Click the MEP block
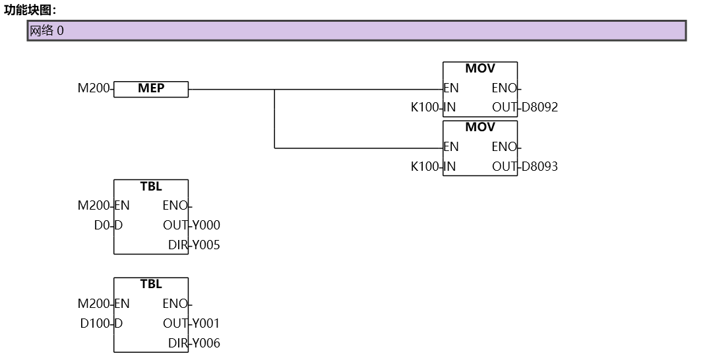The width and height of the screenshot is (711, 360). [151, 89]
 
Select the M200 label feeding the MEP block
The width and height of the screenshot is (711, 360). [94, 88]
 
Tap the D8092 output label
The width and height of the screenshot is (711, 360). [540, 107]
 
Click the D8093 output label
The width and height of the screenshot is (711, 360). [540, 166]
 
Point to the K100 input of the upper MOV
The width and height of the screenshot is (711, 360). [425, 107]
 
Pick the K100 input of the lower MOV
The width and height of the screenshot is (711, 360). [425, 166]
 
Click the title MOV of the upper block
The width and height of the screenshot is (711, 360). [480, 69]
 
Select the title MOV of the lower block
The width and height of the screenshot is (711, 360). [480, 127]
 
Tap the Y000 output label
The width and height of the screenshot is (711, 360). [206, 225]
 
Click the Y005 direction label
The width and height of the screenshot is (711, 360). [206, 245]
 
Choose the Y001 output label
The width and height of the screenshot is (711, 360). [206, 324]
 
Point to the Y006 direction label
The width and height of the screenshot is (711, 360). [206, 344]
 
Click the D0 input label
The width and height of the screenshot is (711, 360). [102, 225]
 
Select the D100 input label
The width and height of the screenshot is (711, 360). [96, 324]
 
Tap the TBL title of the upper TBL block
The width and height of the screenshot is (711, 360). [151, 187]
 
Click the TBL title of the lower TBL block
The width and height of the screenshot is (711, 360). [151, 284]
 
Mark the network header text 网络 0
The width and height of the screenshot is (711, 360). [47, 30]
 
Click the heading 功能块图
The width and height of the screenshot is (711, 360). [30, 9]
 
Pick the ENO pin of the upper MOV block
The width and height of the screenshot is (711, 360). [505, 88]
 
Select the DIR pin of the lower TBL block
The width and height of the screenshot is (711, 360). [177, 344]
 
